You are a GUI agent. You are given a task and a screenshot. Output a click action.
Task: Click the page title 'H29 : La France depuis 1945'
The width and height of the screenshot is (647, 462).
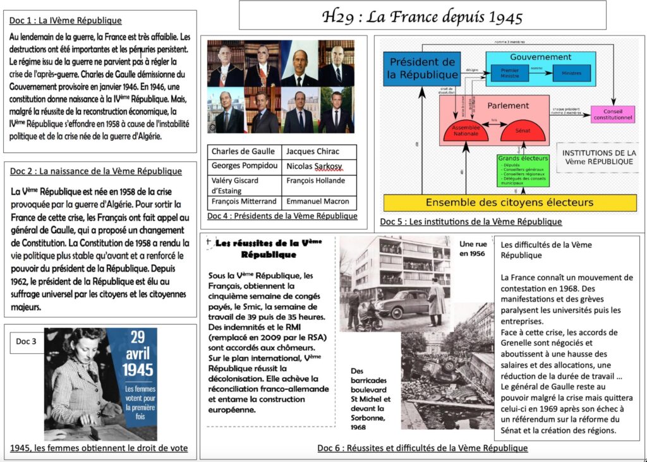422,16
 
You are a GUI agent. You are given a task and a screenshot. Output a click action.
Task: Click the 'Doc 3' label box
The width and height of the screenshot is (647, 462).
26,341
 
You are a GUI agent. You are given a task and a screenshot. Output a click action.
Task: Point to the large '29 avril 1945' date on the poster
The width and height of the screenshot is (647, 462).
138,353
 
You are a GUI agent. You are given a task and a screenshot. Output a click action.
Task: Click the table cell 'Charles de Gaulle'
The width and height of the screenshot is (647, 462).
243,152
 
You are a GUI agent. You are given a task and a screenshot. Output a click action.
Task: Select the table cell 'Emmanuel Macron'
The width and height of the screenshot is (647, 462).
320,202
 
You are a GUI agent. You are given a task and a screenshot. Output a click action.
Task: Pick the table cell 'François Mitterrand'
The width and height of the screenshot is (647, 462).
244,202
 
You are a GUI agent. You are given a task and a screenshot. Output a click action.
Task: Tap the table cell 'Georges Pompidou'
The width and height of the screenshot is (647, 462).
243,166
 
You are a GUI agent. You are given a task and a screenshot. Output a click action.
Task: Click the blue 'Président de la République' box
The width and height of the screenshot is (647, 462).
422,69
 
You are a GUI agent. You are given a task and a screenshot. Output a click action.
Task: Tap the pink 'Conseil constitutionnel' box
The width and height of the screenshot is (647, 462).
613,114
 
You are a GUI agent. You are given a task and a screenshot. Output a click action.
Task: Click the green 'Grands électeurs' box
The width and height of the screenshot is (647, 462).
523,170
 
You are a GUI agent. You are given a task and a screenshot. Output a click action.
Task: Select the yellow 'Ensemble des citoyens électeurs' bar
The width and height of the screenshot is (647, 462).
509,203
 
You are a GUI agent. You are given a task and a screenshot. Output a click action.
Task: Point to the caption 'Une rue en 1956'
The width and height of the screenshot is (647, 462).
473,248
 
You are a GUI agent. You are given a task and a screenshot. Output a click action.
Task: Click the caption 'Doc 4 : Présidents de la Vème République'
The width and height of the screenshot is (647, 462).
282,216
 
